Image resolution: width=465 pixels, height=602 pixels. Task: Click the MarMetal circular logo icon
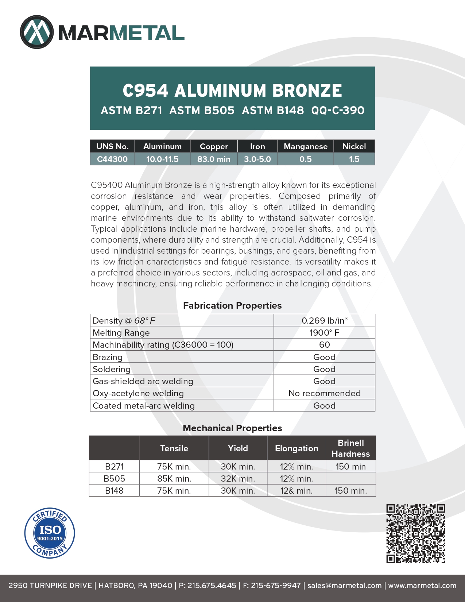pyautogui.click(x=36, y=32)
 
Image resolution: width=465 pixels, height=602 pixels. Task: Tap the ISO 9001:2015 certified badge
pyautogui.click(x=50, y=533)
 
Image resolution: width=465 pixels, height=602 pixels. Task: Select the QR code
pyautogui.click(x=416, y=533)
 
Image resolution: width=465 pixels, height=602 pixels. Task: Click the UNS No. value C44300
pyautogui.click(x=112, y=159)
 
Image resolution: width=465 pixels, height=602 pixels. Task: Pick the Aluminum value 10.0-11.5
pyautogui.click(x=162, y=159)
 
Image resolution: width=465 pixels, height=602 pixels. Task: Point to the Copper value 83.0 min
pyautogui.click(x=214, y=159)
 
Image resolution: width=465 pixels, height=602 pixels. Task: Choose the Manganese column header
pyautogui.click(x=306, y=146)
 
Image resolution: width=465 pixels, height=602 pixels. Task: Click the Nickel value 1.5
pyautogui.click(x=354, y=159)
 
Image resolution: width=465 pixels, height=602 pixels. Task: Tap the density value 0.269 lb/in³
pyautogui.click(x=324, y=321)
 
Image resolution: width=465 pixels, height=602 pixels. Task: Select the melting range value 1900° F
pyautogui.click(x=324, y=333)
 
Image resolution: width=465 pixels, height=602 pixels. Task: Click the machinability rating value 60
pyautogui.click(x=324, y=345)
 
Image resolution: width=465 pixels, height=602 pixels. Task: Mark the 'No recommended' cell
pyautogui.click(x=324, y=393)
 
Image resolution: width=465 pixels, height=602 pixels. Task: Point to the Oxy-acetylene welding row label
pyautogui.click(x=138, y=393)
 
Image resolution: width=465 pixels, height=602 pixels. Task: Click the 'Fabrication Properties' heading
pyautogui.click(x=232, y=305)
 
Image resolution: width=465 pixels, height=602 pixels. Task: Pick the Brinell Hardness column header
pyautogui.click(x=350, y=448)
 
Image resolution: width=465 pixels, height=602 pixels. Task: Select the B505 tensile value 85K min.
pyautogui.click(x=174, y=479)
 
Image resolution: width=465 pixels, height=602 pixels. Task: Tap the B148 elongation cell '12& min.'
pyautogui.click(x=296, y=491)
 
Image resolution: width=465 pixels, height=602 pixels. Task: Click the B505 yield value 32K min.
pyautogui.click(x=238, y=479)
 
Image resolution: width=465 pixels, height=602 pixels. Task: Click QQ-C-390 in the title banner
pyautogui.click(x=338, y=110)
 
